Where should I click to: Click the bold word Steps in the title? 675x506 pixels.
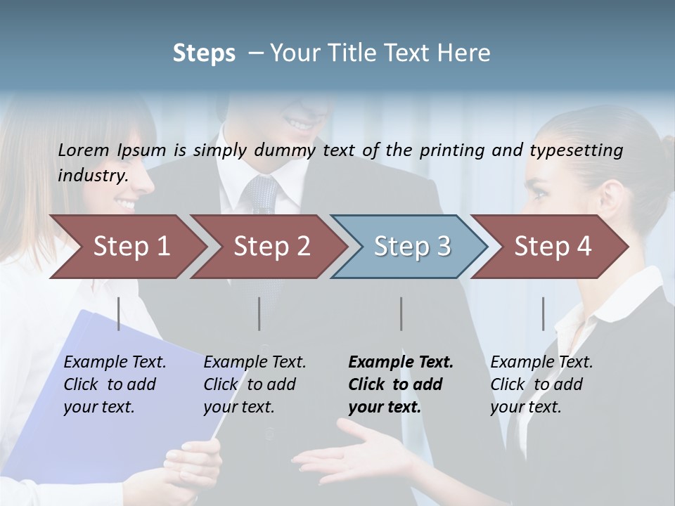point(204,53)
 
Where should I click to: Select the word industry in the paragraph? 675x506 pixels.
point(92,175)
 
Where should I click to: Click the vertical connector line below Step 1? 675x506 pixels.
point(118,313)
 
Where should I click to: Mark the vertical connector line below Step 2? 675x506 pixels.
point(259,313)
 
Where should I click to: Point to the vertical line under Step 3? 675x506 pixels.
point(401,313)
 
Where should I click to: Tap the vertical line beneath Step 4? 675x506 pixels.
point(543,313)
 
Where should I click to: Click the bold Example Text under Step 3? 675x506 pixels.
point(401,362)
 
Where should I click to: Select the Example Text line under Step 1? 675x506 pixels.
point(115,362)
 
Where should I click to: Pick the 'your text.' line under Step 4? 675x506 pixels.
point(525,407)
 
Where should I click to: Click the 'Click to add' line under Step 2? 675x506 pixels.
point(250,384)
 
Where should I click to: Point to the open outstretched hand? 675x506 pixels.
point(352,453)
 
